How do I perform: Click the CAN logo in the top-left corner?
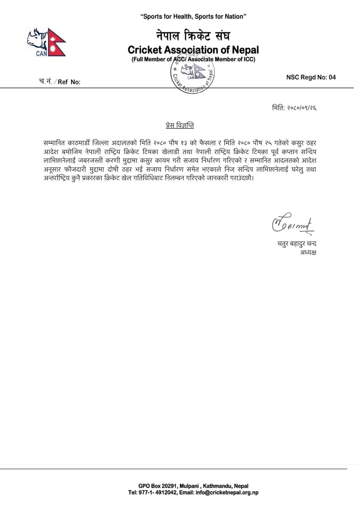point(46,42)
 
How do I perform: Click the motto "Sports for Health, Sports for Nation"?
point(193,16)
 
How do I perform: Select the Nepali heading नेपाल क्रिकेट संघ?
point(193,35)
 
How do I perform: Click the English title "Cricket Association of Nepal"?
point(193,50)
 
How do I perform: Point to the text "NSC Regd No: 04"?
point(311,77)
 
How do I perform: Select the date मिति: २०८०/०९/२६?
point(294,108)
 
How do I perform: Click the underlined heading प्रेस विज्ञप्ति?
point(180,125)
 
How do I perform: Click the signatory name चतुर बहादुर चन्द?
point(297,244)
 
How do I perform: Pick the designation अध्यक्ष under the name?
point(308,253)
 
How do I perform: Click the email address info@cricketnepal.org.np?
point(227,492)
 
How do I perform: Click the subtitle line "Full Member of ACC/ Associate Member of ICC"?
point(193,59)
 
